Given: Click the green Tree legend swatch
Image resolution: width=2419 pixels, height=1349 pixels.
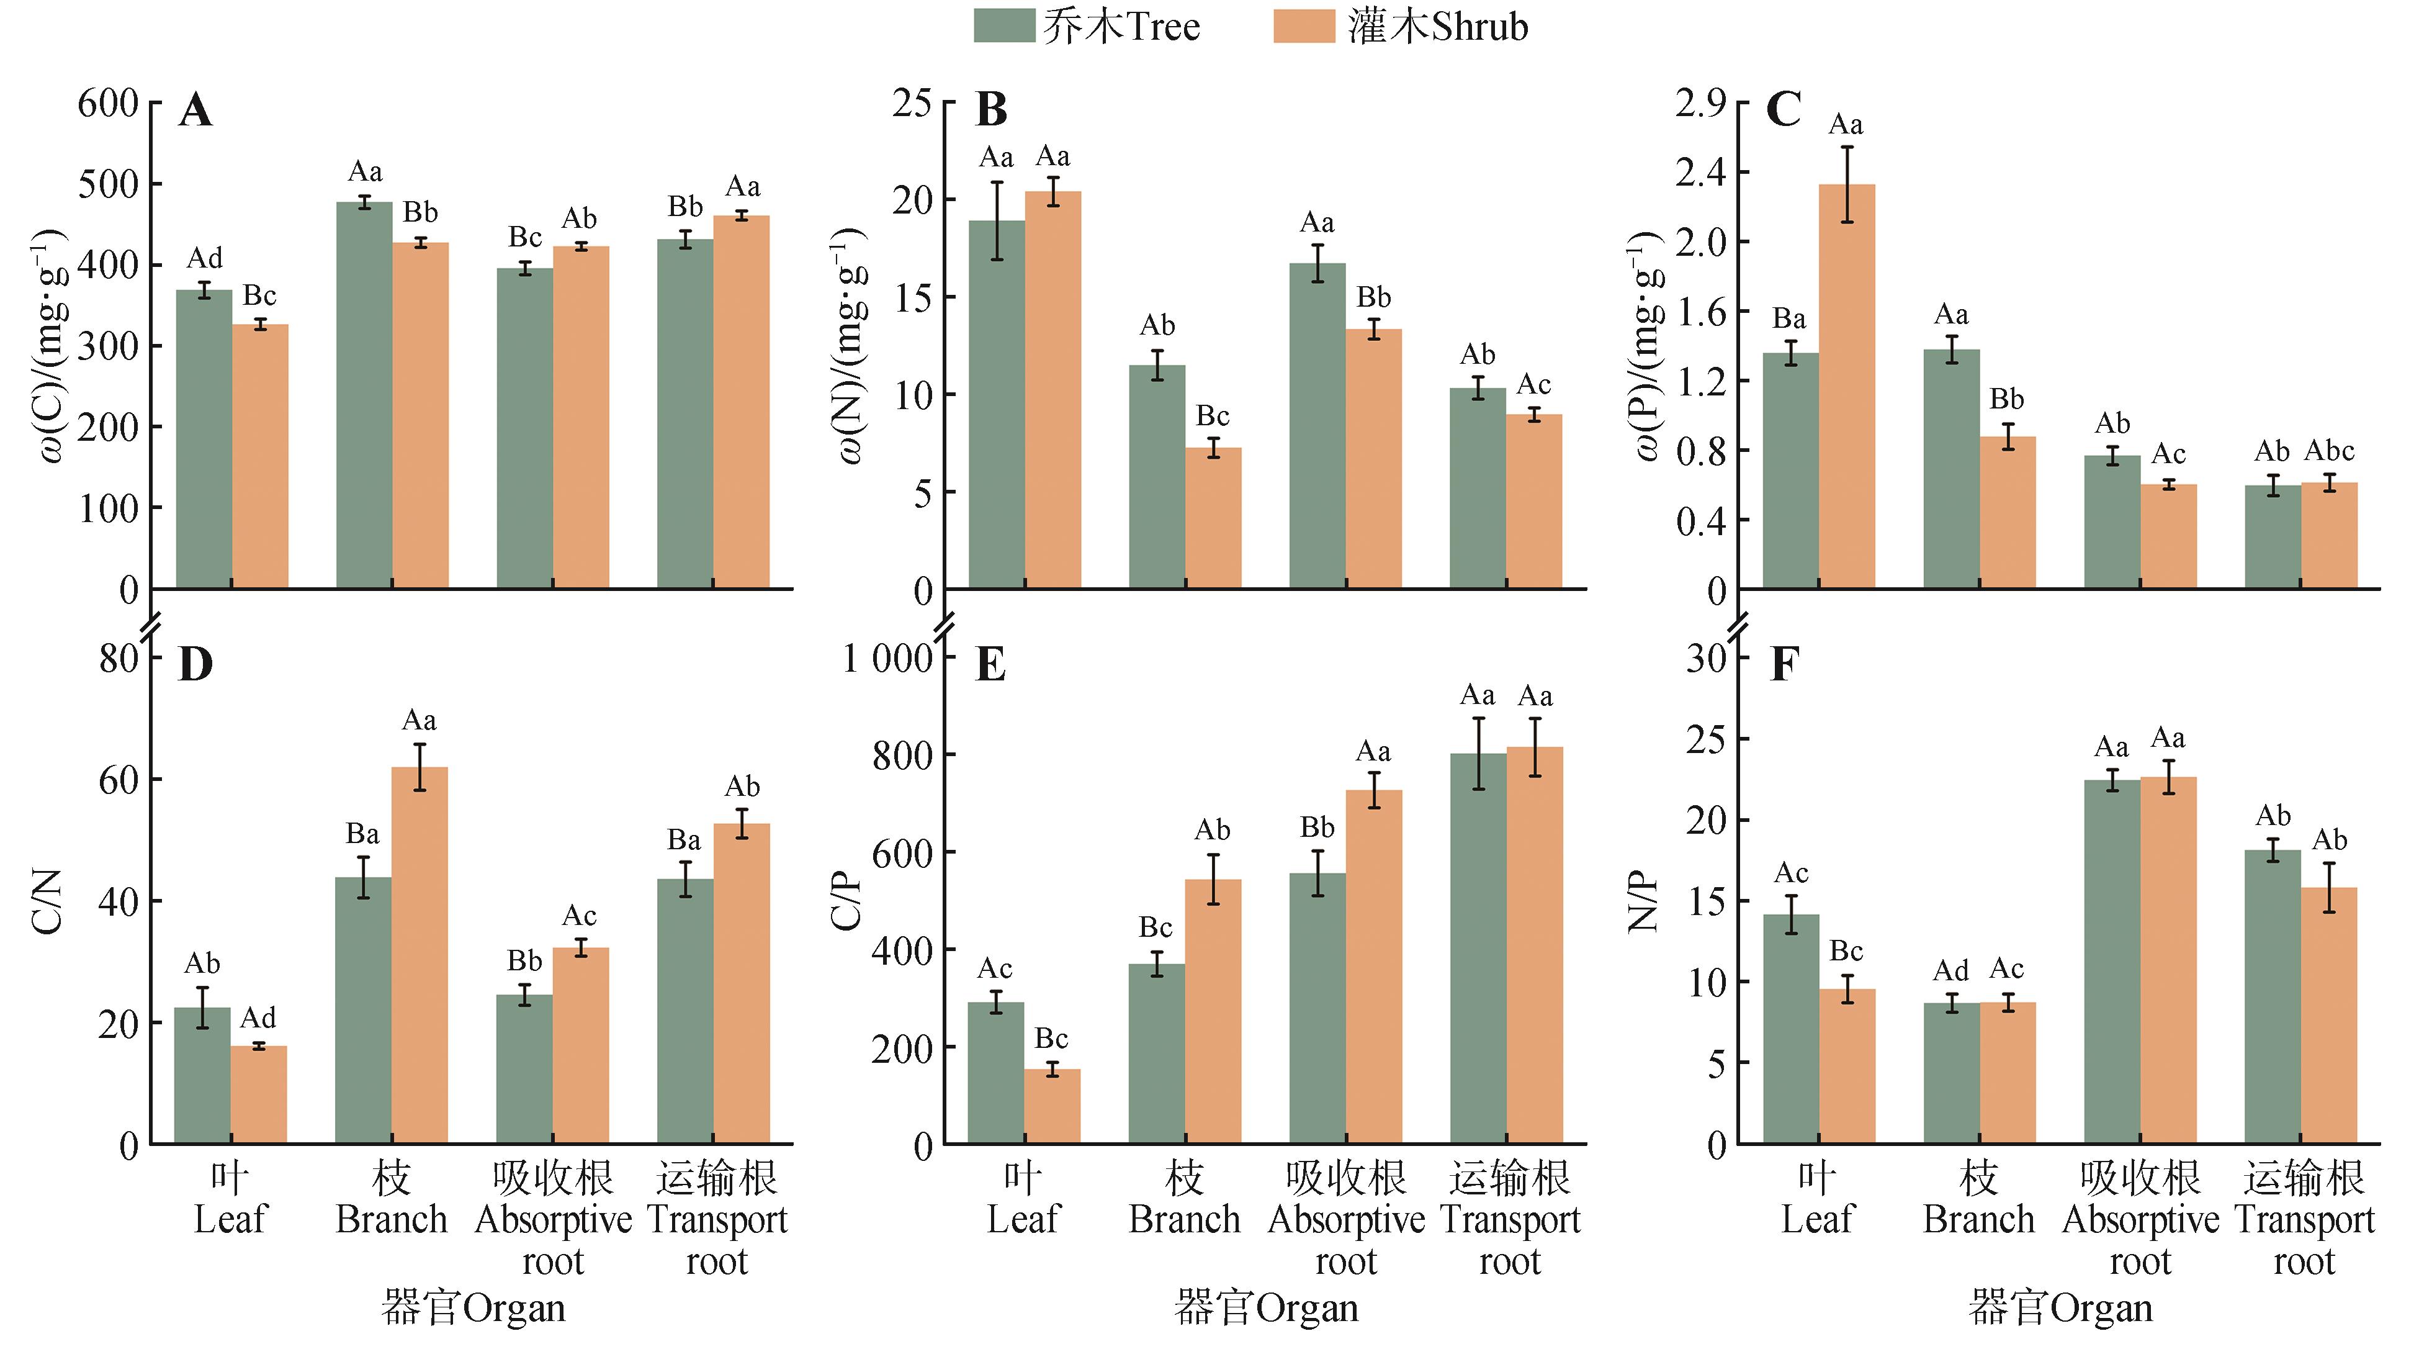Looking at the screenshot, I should [1004, 25].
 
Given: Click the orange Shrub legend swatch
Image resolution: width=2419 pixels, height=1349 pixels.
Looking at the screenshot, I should [1303, 25].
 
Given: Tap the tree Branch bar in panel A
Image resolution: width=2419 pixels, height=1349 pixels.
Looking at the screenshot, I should [364, 395].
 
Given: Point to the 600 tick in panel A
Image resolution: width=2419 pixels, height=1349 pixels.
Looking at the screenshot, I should [108, 102].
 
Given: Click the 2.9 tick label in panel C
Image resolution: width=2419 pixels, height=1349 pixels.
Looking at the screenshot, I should [1700, 102].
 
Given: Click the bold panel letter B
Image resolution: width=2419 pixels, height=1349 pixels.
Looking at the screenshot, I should [992, 110].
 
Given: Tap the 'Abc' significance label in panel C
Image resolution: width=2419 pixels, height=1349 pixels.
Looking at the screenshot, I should [2329, 451].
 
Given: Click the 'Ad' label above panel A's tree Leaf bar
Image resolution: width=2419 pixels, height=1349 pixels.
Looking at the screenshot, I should [205, 258].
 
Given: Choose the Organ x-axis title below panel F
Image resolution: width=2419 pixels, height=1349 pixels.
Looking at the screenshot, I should [2060, 1307].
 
